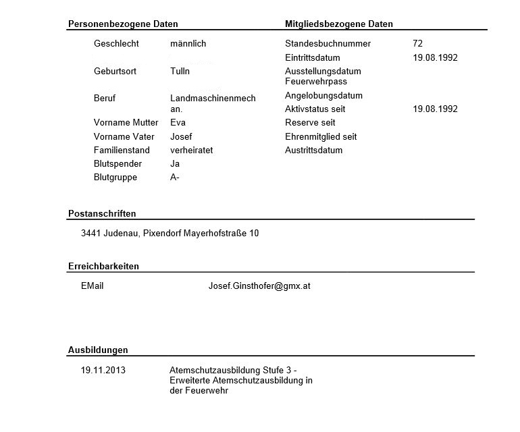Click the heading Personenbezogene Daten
point(123,24)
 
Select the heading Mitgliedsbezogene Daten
point(339,24)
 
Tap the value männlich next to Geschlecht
point(188,44)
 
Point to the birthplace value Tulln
point(180,71)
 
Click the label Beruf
point(105,98)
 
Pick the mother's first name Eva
point(178,123)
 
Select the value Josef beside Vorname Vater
point(181,136)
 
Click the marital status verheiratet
point(191,150)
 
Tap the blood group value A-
point(175,178)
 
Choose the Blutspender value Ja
point(175,164)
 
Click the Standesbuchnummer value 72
point(417,44)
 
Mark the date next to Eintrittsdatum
point(435,57)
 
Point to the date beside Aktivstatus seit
point(435,109)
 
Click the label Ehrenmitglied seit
point(321,136)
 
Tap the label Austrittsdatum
point(313,150)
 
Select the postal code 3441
point(90,234)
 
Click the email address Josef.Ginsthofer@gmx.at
point(259,286)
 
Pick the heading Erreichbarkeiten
point(103,266)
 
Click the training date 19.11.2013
point(103,370)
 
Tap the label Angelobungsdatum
point(323,95)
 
